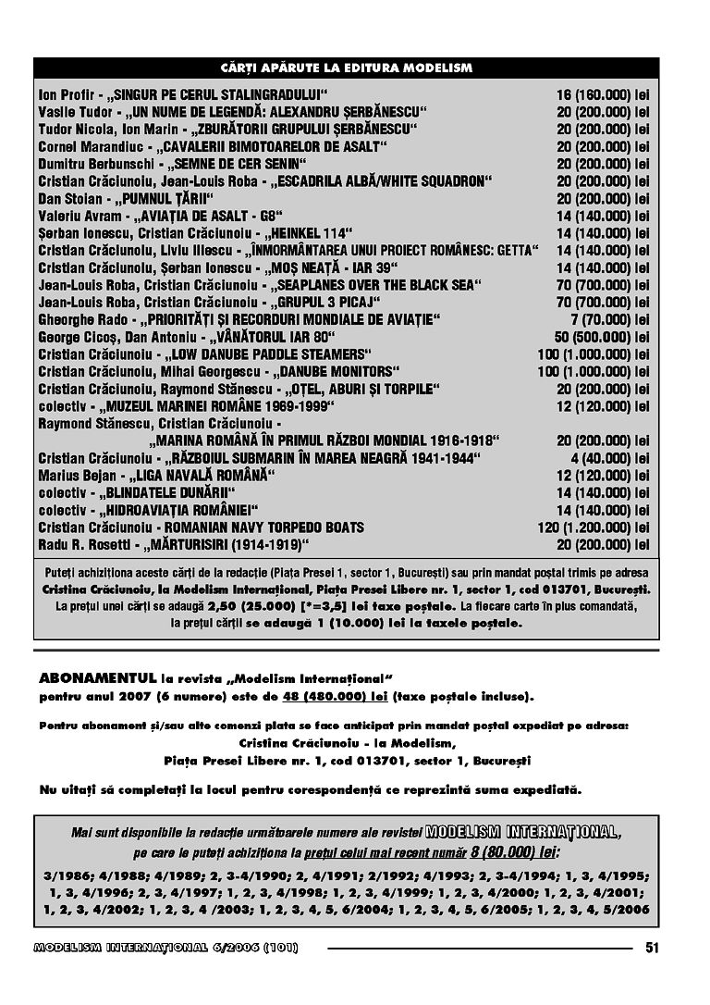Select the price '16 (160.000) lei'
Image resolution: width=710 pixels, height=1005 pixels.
[603, 94]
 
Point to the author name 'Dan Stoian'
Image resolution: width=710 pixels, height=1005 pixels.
[67, 198]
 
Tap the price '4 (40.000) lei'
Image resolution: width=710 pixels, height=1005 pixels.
[610, 458]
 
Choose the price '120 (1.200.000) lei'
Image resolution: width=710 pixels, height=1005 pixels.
[594, 527]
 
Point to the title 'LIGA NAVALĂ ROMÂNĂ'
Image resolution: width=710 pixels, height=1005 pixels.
[206, 475]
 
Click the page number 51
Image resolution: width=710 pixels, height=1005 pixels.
[653, 947]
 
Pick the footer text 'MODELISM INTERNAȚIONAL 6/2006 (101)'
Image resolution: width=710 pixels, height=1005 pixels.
[165, 948]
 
